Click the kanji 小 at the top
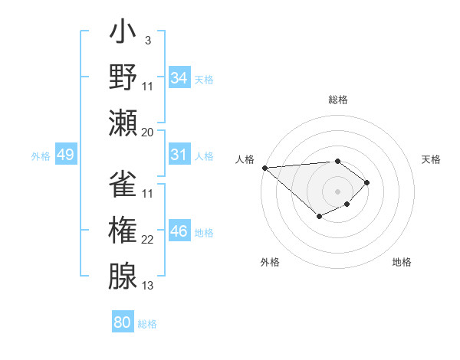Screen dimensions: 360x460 point(123,35)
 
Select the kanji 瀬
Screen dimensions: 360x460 point(123,123)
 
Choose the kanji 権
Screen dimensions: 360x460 point(123,231)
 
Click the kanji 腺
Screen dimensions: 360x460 point(123,276)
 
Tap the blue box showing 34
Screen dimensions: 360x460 point(179,78)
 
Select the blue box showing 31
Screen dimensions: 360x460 point(179,155)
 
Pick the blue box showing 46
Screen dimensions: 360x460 point(179,231)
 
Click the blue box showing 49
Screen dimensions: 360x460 point(65,155)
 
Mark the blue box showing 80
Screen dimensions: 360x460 point(123,322)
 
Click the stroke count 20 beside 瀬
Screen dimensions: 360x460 point(148,133)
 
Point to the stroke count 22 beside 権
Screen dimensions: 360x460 point(148,240)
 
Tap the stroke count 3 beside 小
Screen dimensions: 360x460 point(147,41)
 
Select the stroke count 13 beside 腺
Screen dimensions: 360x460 point(148,286)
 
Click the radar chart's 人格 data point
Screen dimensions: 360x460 point(264,167)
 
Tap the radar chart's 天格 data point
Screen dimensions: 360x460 point(367,182)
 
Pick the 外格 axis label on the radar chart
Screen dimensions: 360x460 point(270,263)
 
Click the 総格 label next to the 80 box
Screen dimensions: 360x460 point(147,324)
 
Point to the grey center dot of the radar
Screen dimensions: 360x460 point(337,191)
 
